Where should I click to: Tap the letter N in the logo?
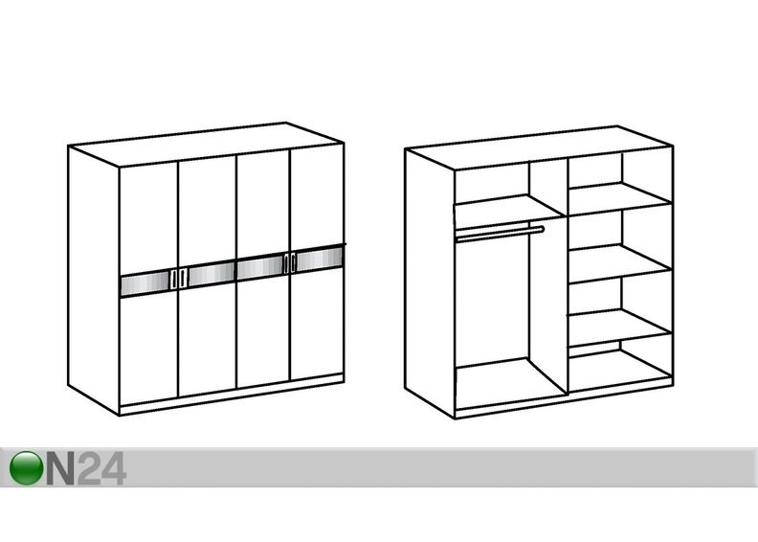pyautogui.click(x=60, y=468)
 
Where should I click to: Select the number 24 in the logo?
pyautogui.click(x=101, y=468)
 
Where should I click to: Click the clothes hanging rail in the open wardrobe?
pyautogui.click(x=501, y=234)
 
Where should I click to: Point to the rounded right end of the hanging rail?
pyautogui.click(x=543, y=229)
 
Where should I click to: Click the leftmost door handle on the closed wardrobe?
pyautogui.click(x=173, y=280)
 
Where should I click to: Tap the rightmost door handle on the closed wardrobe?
pyautogui.click(x=294, y=263)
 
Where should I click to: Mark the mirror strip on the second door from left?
pyautogui.click(x=212, y=275)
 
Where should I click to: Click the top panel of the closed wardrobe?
pyautogui.click(x=206, y=144)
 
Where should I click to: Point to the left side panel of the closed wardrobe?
pyautogui.click(x=93, y=280)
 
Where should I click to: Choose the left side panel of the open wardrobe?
pyautogui.click(x=430, y=282)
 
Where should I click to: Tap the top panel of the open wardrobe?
pyautogui.click(x=539, y=147)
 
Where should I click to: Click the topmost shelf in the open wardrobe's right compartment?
pyautogui.click(x=620, y=198)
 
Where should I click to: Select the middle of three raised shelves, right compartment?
pyautogui.click(x=620, y=263)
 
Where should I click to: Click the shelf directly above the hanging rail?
pyautogui.click(x=509, y=207)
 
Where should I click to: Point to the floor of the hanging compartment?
pyautogui.click(x=511, y=384)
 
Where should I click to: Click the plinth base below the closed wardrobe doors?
pyautogui.click(x=232, y=395)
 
